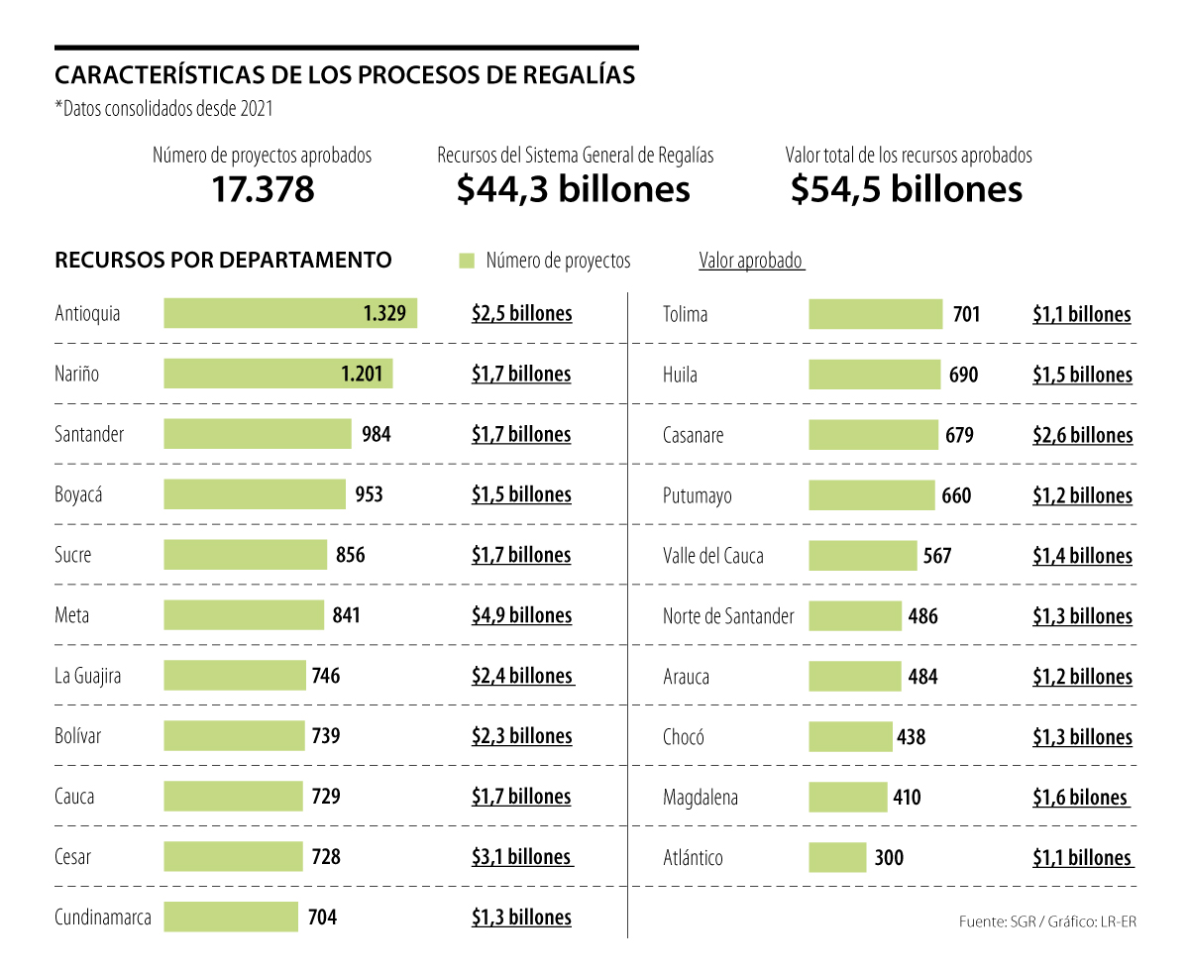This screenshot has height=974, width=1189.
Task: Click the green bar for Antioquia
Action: [x=290, y=313]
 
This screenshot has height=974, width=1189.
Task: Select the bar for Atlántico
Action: [x=837, y=857]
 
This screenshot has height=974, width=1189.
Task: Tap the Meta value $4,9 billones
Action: [x=521, y=615]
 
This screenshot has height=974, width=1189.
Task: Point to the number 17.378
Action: [x=263, y=189]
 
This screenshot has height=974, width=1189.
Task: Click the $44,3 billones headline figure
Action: [x=574, y=189]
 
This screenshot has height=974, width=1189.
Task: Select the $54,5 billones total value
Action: [x=907, y=189]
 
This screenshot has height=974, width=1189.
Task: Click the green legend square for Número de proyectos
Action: [x=467, y=261]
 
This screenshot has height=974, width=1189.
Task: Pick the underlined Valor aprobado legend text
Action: [x=751, y=261]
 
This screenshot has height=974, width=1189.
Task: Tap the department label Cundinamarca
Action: [x=103, y=917]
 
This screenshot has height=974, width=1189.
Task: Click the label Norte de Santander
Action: [x=728, y=616]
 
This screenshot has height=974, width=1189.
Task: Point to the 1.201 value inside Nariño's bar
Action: [x=362, y=374]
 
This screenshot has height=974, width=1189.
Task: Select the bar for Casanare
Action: [x=873, y=435]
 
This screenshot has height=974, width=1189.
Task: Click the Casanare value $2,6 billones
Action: [x=1082, y=435]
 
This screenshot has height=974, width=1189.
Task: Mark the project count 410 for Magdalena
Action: [x=907, y=797]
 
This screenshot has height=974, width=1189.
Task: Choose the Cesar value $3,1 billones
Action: [x=521, y=856]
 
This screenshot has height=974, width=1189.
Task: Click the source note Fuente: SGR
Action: [x=994, y=921]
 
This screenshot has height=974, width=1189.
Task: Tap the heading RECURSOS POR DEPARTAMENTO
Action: [x=223, y=261]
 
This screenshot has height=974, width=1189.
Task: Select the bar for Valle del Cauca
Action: [x=863, y=555]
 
